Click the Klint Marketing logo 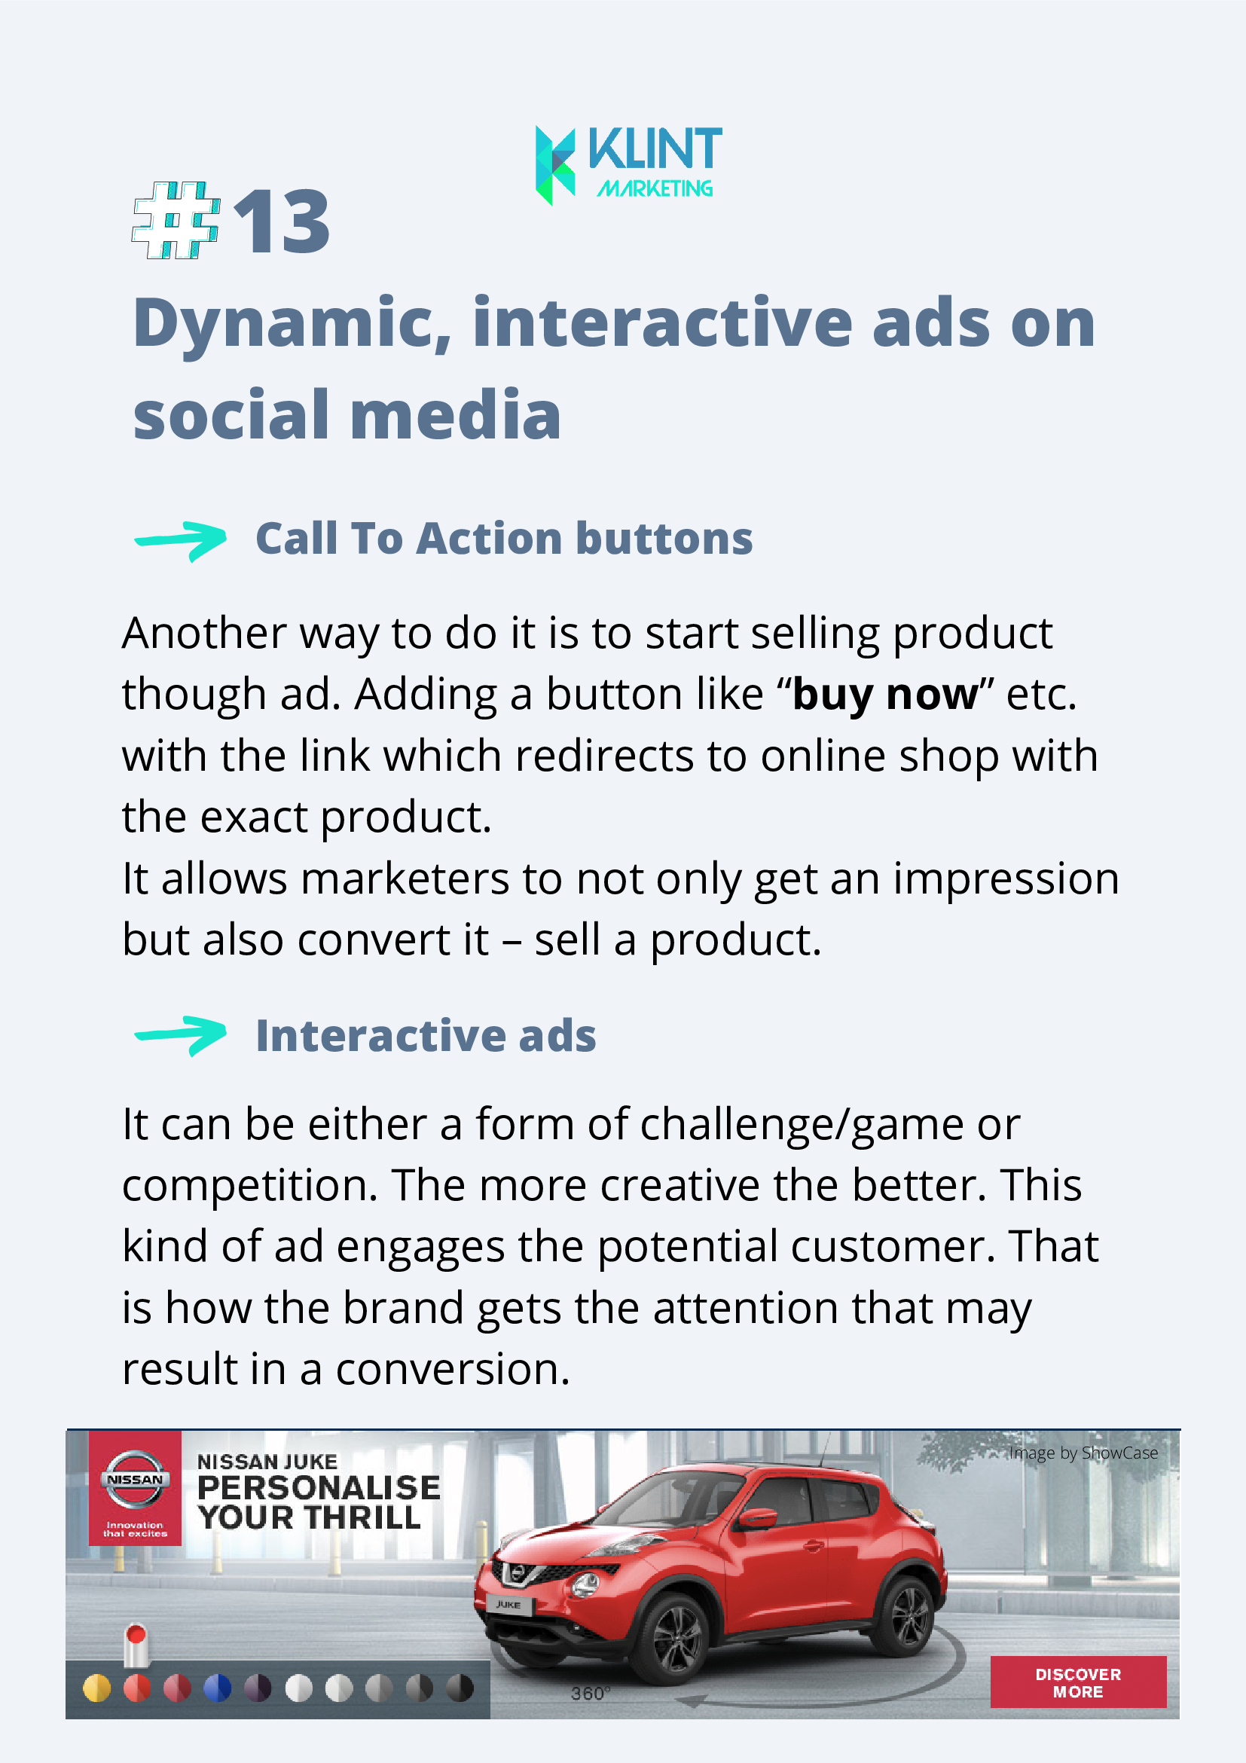tap(628, 165)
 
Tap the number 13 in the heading tap(282, 222)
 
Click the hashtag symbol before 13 tap(176, 220)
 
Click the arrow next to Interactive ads tap(180, 1036)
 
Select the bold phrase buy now tap(885, 695)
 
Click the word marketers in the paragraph tap(405, 878)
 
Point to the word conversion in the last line tap(453, 1370)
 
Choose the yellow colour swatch tap(96, 1688)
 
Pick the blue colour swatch tap(217, 1688)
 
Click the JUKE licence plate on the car tap(509, 1604)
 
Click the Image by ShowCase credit tap(1083, 1453)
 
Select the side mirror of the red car tap(759, 1518)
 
